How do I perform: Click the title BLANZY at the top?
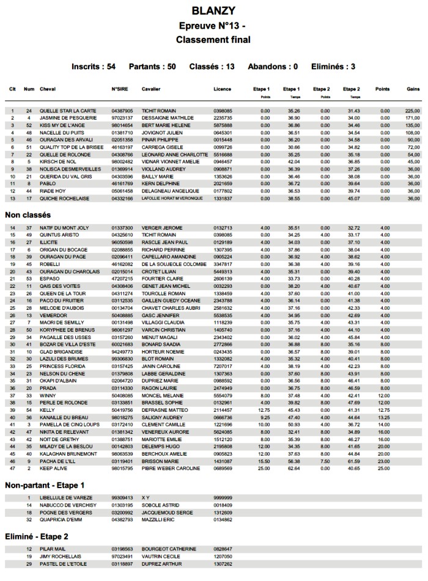click(213, 11)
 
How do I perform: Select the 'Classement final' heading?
click(213, 40)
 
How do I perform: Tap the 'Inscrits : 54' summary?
click(94, 66)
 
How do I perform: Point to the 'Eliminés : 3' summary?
click(333, 66)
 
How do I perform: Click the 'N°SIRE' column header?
click(119, 89)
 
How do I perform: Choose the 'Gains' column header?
click(413, 89)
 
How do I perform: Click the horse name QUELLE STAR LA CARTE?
click(68, 111)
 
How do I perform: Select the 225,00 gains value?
click(412, 111)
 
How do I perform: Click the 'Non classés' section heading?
click(28, 215)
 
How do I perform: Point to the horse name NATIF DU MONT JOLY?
click(65, 228)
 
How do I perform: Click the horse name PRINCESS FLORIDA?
click(63, 366)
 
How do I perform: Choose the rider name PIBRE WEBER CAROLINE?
click(171, 469)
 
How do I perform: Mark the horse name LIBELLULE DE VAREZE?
click(66, 499)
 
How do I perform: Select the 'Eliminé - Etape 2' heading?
click(40, 536)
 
